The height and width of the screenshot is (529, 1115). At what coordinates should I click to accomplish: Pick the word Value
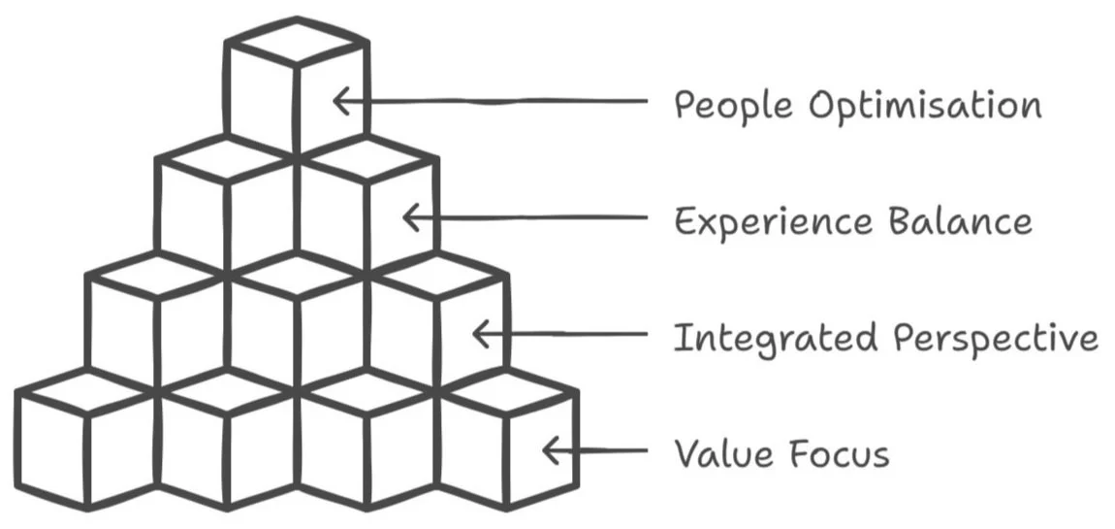(x=721, y=453)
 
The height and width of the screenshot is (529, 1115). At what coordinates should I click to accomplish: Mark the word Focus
(x=837, y=453)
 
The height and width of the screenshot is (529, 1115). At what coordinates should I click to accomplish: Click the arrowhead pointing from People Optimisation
(x=341, y=100)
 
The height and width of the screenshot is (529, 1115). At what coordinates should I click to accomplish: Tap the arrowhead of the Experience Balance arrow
(x=411, y=217)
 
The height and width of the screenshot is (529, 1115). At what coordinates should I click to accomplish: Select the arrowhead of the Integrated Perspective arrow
(x=482, y=333)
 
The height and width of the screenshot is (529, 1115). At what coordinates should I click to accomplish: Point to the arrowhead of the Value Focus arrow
(x=551, y=450)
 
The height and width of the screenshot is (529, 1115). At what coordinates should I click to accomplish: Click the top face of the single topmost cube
(x=297, y=42)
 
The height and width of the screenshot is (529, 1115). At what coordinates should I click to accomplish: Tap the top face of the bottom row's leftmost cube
(x=86, y=392)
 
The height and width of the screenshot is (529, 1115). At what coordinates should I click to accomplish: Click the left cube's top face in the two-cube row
(x=227, y=159)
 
